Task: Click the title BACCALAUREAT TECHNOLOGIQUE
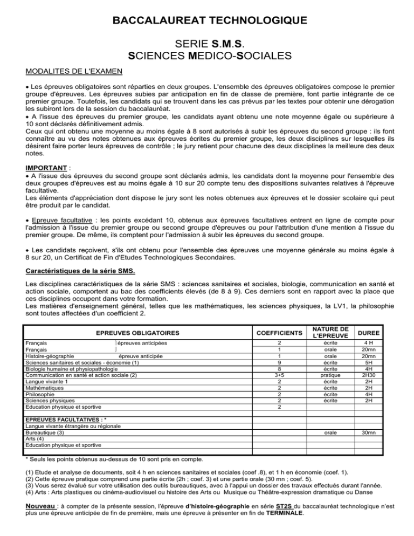(x=207, y=21)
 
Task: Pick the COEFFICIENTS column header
(x=279, y=333)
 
